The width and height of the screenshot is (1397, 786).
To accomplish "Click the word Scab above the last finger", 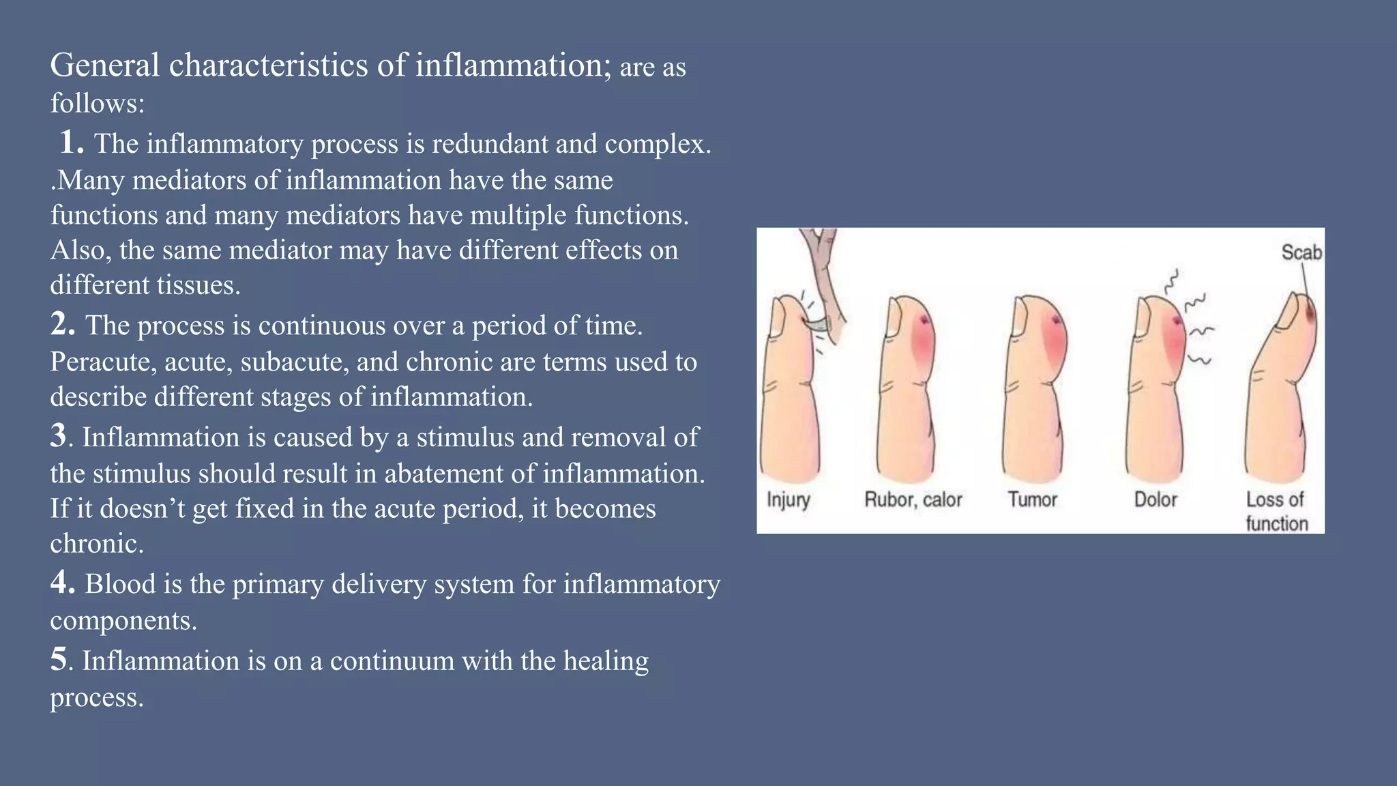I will (x=1302, y=252).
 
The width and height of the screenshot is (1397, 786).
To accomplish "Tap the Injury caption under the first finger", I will (x=788, y=500).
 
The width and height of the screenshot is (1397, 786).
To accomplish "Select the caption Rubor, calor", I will (x=913, y=500).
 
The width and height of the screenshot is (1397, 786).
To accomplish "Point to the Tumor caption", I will (x=1032, y=500).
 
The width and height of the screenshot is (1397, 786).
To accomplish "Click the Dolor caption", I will (x=1156, y=500).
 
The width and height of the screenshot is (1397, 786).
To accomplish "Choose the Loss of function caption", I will (x=1276, y=512).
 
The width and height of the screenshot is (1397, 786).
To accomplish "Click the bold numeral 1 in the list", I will (x=71, y=142).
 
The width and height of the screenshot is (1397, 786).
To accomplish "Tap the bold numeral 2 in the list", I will (x=63, y=323).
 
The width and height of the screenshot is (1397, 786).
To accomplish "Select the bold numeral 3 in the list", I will (x=59, y=435).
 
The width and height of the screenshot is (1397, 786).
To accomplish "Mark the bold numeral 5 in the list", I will (x=59, y=659).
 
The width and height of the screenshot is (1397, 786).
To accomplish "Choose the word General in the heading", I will (x=105, y=65).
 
